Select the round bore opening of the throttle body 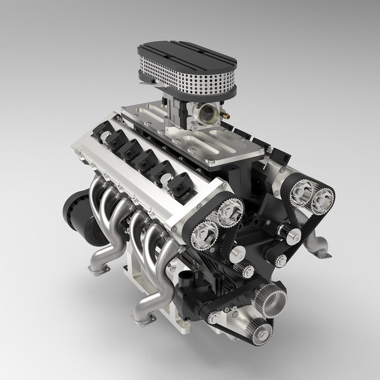(208, 112)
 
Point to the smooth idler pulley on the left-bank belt (237, 255)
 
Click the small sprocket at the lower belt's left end (214, 317)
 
